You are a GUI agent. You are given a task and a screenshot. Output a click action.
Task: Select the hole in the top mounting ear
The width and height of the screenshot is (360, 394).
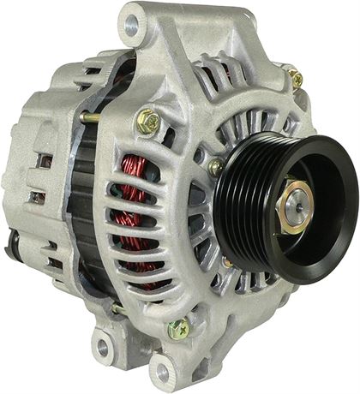[131, 27]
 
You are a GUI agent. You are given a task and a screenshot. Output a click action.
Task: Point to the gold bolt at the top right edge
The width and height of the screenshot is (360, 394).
[296, 79]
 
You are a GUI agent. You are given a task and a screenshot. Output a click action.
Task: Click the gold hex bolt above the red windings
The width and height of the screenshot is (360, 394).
[149, 122]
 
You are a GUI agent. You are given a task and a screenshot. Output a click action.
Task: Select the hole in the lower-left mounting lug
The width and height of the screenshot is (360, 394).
[103, 347]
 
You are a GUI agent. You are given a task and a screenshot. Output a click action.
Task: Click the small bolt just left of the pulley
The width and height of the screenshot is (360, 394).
[216, 166]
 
